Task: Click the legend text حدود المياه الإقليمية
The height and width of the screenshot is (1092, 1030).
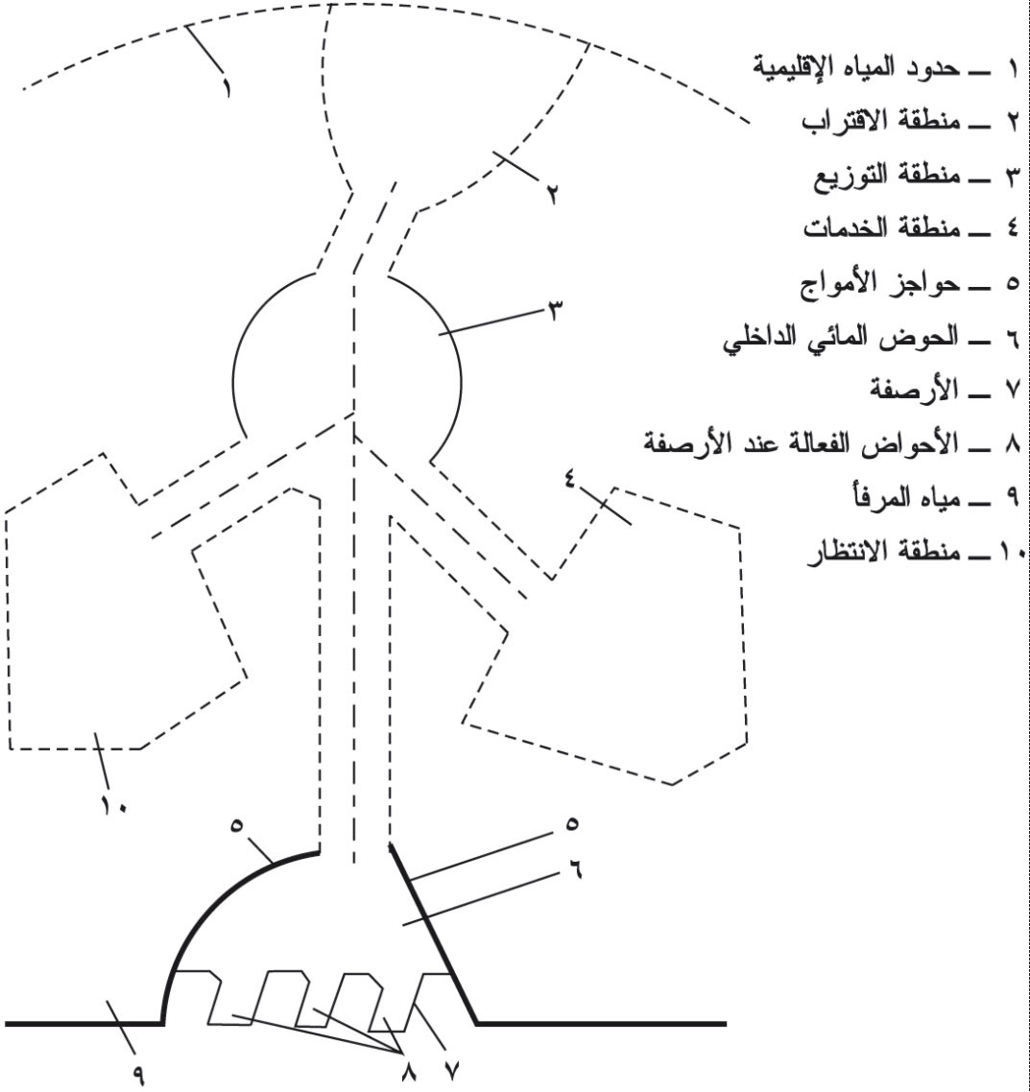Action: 857,67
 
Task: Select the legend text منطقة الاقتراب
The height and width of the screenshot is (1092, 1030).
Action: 881,120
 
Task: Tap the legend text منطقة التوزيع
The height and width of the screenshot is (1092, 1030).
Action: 887,175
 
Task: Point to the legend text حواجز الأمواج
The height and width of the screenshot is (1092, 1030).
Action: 879,283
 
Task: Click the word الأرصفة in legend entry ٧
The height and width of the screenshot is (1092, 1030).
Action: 914,390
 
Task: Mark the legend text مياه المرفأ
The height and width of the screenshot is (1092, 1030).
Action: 901,497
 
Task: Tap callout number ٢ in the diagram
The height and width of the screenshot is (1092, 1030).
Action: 552,194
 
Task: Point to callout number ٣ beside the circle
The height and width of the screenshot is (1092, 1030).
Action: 556,311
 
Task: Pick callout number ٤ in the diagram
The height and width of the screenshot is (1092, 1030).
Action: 570,479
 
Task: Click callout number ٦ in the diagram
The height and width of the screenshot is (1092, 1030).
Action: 573,868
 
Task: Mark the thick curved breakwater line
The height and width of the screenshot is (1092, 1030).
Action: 209,905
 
